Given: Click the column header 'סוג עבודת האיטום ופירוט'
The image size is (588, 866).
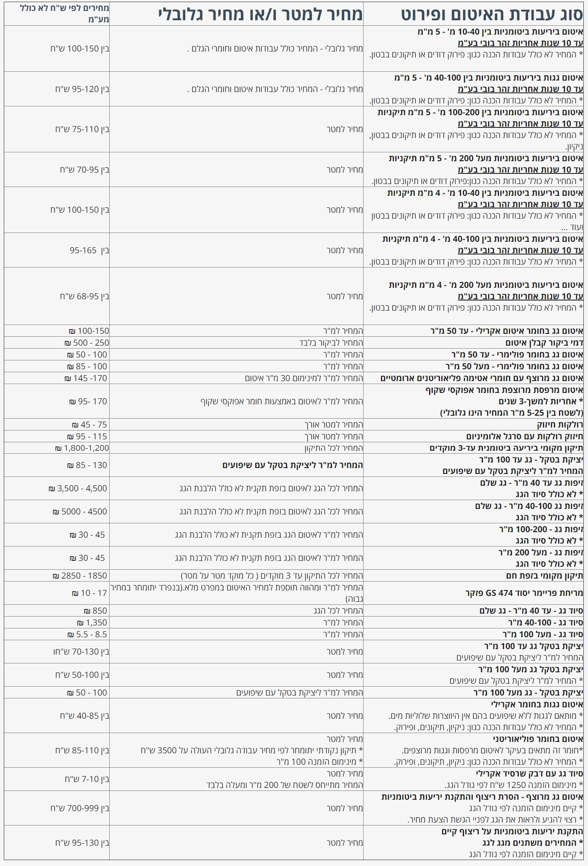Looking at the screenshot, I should click(x=492, y=14).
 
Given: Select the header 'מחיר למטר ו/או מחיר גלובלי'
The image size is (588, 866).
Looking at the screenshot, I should click(x=260, y=14).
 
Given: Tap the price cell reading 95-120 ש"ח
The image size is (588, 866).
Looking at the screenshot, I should click(x=82, y=89).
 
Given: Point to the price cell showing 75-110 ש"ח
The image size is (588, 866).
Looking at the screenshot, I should click(x=82, y=129).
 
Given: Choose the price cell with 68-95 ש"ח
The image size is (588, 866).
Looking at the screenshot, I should click(x=84, y=296).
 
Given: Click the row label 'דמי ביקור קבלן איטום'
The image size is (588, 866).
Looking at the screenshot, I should click(x=544, y=343).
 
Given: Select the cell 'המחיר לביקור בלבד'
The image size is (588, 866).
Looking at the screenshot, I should click(x=331, y=343).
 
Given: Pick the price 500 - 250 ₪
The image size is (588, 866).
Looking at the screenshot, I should click(x=86, y=343).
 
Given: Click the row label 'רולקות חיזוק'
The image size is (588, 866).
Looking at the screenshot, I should click(x=560, y=425).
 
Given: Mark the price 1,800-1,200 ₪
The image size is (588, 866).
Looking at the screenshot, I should click(x=82, y=448).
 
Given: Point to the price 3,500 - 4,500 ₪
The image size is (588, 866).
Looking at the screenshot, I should click(x=78, y=488).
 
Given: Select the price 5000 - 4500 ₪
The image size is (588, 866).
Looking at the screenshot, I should click(x=80, y=511).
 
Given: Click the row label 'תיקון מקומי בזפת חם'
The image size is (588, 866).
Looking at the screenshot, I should click(x=544, y=576).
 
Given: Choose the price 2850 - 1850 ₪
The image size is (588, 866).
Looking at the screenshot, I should click(x=80, y=576).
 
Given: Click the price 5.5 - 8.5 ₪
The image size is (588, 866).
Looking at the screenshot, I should click(x=87, y=634).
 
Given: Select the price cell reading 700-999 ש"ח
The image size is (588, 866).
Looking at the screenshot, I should click(x=80, y=808).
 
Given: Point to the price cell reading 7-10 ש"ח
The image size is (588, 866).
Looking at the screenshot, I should click(x=87, y=779).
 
